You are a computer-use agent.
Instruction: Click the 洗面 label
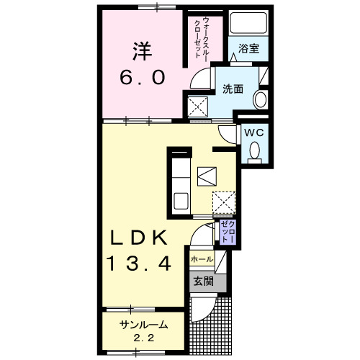click(232, 89)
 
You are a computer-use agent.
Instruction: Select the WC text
click(253, 132)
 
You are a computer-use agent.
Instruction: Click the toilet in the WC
click(253, 150)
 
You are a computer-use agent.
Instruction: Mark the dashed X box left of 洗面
click(198, 107)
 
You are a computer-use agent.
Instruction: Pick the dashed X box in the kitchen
click(224, 202)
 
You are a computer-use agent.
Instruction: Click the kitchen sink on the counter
click(180, 198)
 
